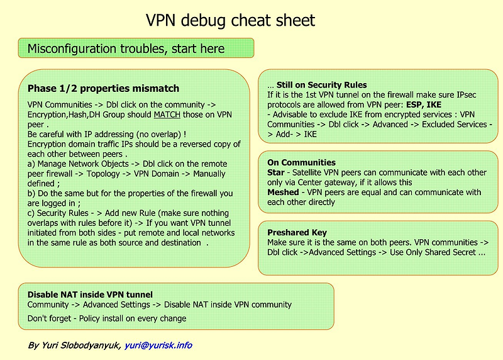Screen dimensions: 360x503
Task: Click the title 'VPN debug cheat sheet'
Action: point(230,21)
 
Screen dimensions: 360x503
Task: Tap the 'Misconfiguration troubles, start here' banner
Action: point(126,48)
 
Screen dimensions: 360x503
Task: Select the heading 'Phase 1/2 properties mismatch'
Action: point(103,89)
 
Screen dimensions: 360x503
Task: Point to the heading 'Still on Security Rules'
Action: point(321,85)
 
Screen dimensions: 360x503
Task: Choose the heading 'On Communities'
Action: point(301,162)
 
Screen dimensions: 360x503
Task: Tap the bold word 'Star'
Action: point(276,172)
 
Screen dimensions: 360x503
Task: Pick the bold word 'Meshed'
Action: point(282,193)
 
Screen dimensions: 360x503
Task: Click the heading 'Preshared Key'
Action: point(297,232)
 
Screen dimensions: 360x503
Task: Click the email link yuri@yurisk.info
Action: point(158,346)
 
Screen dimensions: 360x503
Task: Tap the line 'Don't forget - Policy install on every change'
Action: point(107,318)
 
